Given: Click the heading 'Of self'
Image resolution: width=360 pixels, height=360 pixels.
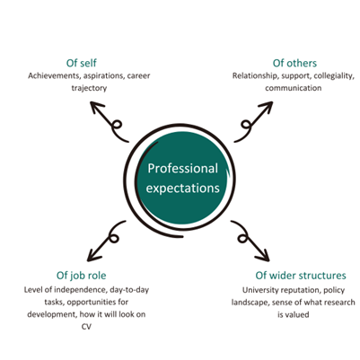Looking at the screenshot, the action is coord(82,63).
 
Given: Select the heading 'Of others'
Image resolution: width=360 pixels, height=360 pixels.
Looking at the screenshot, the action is coord(294,63).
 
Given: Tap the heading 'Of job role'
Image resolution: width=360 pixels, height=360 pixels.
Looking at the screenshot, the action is coord(81,276).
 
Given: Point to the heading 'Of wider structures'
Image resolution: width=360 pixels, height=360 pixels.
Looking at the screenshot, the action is coord(301,276).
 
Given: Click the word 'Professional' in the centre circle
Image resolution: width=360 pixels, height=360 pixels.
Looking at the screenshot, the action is coord(183,169).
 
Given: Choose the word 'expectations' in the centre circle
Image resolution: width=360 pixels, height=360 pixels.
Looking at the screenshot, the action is coord(183,189).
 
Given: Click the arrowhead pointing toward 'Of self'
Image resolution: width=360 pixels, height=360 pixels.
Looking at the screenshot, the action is coord(95,107).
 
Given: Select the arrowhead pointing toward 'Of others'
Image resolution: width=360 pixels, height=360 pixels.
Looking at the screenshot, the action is coord(267,107).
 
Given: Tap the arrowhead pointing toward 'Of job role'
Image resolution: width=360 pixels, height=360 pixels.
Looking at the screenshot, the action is coord(93,256).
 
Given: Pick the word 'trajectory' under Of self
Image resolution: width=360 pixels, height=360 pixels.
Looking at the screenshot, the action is coord(89,88).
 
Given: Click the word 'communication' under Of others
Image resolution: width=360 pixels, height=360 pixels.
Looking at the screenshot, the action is coord(294,88).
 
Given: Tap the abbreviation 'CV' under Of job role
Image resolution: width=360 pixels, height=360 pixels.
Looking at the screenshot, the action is coord(86,327).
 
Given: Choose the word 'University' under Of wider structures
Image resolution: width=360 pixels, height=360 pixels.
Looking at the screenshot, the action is coord(259,290).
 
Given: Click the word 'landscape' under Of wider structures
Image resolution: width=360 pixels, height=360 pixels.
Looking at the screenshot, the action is coord(250,303).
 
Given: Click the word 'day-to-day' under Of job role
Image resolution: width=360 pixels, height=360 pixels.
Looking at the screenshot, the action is coord(129,290).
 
